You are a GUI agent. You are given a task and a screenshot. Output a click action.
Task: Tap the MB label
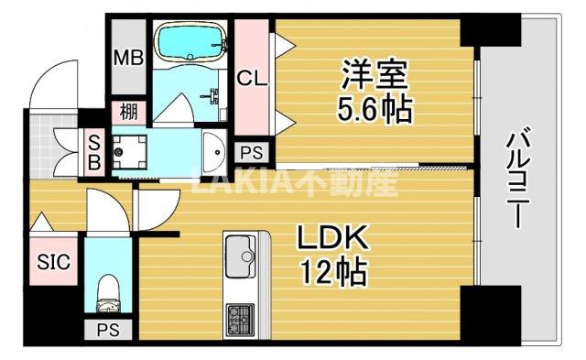tap(127, 58)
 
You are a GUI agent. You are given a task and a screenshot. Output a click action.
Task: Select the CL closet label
tap(252, 79)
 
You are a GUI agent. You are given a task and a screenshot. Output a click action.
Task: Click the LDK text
tap(331, 239)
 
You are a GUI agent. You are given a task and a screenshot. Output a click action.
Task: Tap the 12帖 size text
tap(331, 272)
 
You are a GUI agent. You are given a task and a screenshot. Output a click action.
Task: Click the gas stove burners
tap(240, 321)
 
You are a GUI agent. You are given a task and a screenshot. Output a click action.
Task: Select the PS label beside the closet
tap(252, 152)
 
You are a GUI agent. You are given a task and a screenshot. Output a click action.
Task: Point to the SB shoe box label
tap(93, 147)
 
